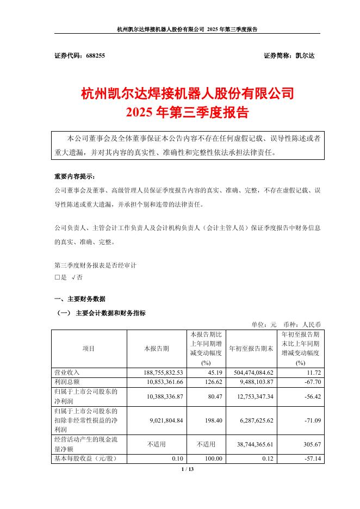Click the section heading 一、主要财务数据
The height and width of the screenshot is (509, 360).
(x=80, y=299)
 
